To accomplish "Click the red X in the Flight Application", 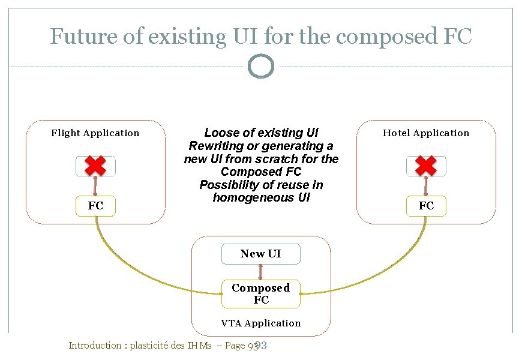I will click(95, 166).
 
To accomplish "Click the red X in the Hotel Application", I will click(426, 166).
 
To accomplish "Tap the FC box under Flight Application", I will click(95, 206).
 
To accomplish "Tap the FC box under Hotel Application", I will click(426, 206).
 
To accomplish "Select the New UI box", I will click(260, 254).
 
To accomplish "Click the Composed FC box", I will click(260, 294).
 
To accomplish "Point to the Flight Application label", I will click(95, 133).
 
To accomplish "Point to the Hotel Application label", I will click(426, 133).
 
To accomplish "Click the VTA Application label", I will click(260, 323).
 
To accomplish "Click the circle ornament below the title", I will click(260, 67).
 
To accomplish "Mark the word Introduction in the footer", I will click(95, 346).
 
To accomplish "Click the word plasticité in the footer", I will click(152, 346).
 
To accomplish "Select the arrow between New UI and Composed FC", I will click(260, 272).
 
